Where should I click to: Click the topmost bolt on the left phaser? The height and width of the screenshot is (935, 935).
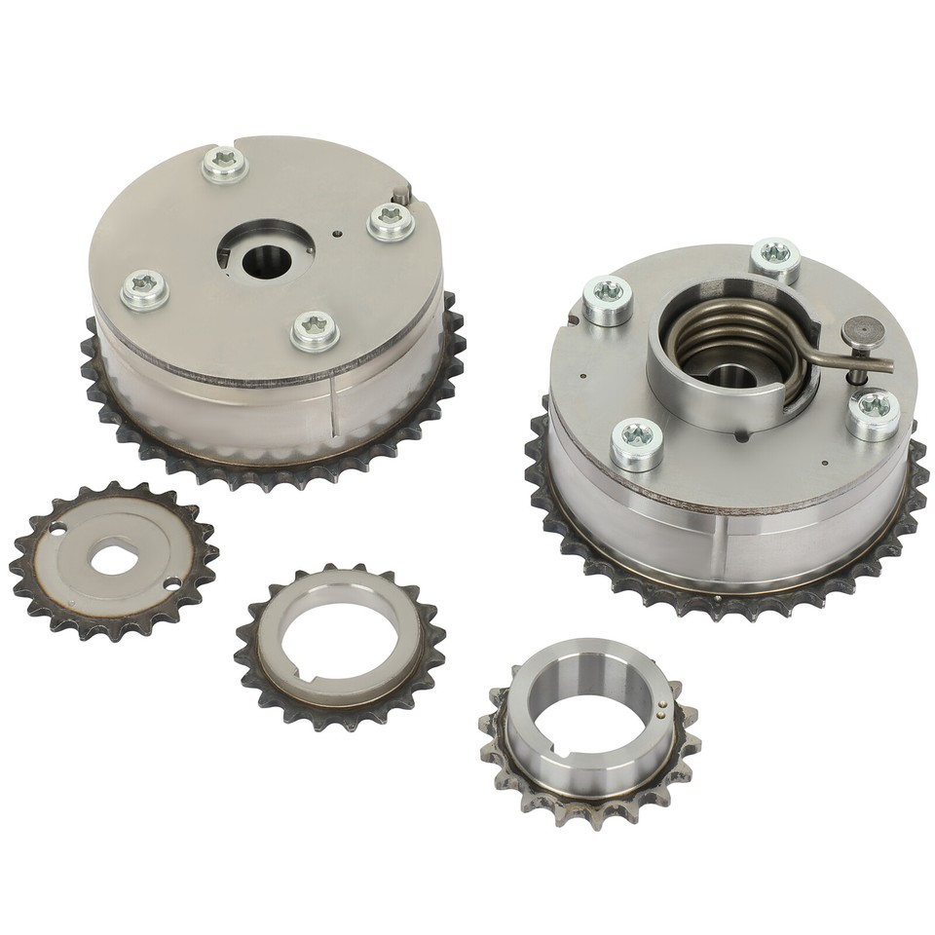coord(225,164)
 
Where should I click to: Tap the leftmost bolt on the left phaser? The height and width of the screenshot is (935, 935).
coord(144,289)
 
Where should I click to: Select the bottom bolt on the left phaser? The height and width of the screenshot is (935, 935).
coord(315,330)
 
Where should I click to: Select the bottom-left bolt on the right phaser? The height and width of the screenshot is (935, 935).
coord(636,443)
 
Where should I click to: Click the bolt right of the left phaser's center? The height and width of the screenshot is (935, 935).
coord(391,221)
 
